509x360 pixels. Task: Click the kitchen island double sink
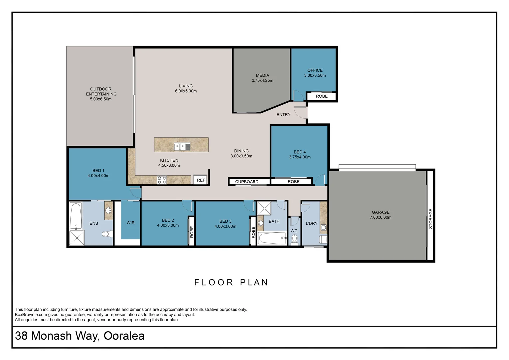182,147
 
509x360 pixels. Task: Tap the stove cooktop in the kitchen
162,180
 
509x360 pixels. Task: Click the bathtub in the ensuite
76,216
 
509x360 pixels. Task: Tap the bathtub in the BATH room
272,238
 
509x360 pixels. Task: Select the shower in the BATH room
264,208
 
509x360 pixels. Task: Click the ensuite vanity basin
109,210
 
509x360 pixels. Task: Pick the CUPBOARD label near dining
247,182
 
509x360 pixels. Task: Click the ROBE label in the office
322,96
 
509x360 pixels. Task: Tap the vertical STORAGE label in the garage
431,219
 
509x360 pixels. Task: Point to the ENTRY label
283,115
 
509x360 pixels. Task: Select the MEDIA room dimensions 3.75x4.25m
262,81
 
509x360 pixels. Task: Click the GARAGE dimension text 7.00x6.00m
381,217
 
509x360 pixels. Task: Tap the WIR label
131,223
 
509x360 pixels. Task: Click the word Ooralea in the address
124,336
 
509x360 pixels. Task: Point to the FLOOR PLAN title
231,282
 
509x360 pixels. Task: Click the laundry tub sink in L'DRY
323,227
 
